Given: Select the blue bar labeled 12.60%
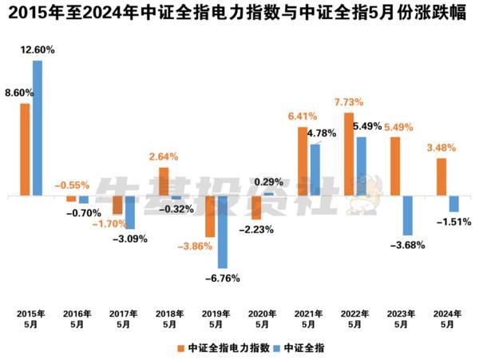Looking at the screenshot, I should (x=37, y=128).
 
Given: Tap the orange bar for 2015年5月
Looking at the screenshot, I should (x=25, y=149).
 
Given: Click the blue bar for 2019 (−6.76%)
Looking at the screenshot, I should (x=222, y=231).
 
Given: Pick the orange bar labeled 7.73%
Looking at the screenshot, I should (x=349, y=154).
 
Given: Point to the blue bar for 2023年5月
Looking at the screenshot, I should (x=407, y=216).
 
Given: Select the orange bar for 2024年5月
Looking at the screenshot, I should (x=441, y=176).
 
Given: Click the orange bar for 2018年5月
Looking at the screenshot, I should (x=164, y=181).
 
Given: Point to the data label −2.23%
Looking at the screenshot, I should (x=258, y=229).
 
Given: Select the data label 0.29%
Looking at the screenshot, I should (x=269, y=182).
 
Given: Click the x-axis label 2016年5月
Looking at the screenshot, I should (x=77, y=319).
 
